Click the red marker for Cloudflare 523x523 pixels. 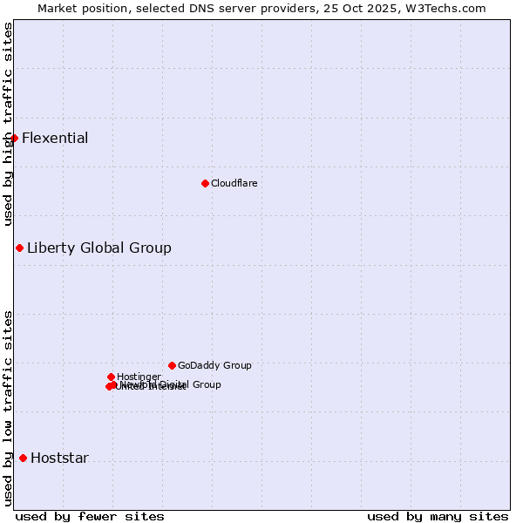pos(205,183)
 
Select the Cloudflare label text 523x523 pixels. pos(234,183)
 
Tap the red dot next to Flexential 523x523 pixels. pos(14,138)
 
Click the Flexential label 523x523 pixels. pos(55,138)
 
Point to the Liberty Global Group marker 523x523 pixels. pos(19,248)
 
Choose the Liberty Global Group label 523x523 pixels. pos(99,248)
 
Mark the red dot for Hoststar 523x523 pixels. pos(23,458)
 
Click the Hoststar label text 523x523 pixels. pos(59,458)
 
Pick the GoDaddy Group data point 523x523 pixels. pos(172,365)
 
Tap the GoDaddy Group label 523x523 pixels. pos(214,365)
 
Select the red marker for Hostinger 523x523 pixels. pos(111,377)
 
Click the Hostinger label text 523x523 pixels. pos(139,377)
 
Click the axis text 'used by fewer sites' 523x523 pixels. pos(90,516)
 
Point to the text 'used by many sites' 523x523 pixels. pos(438,516)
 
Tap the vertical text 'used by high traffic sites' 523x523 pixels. pos(8,124)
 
